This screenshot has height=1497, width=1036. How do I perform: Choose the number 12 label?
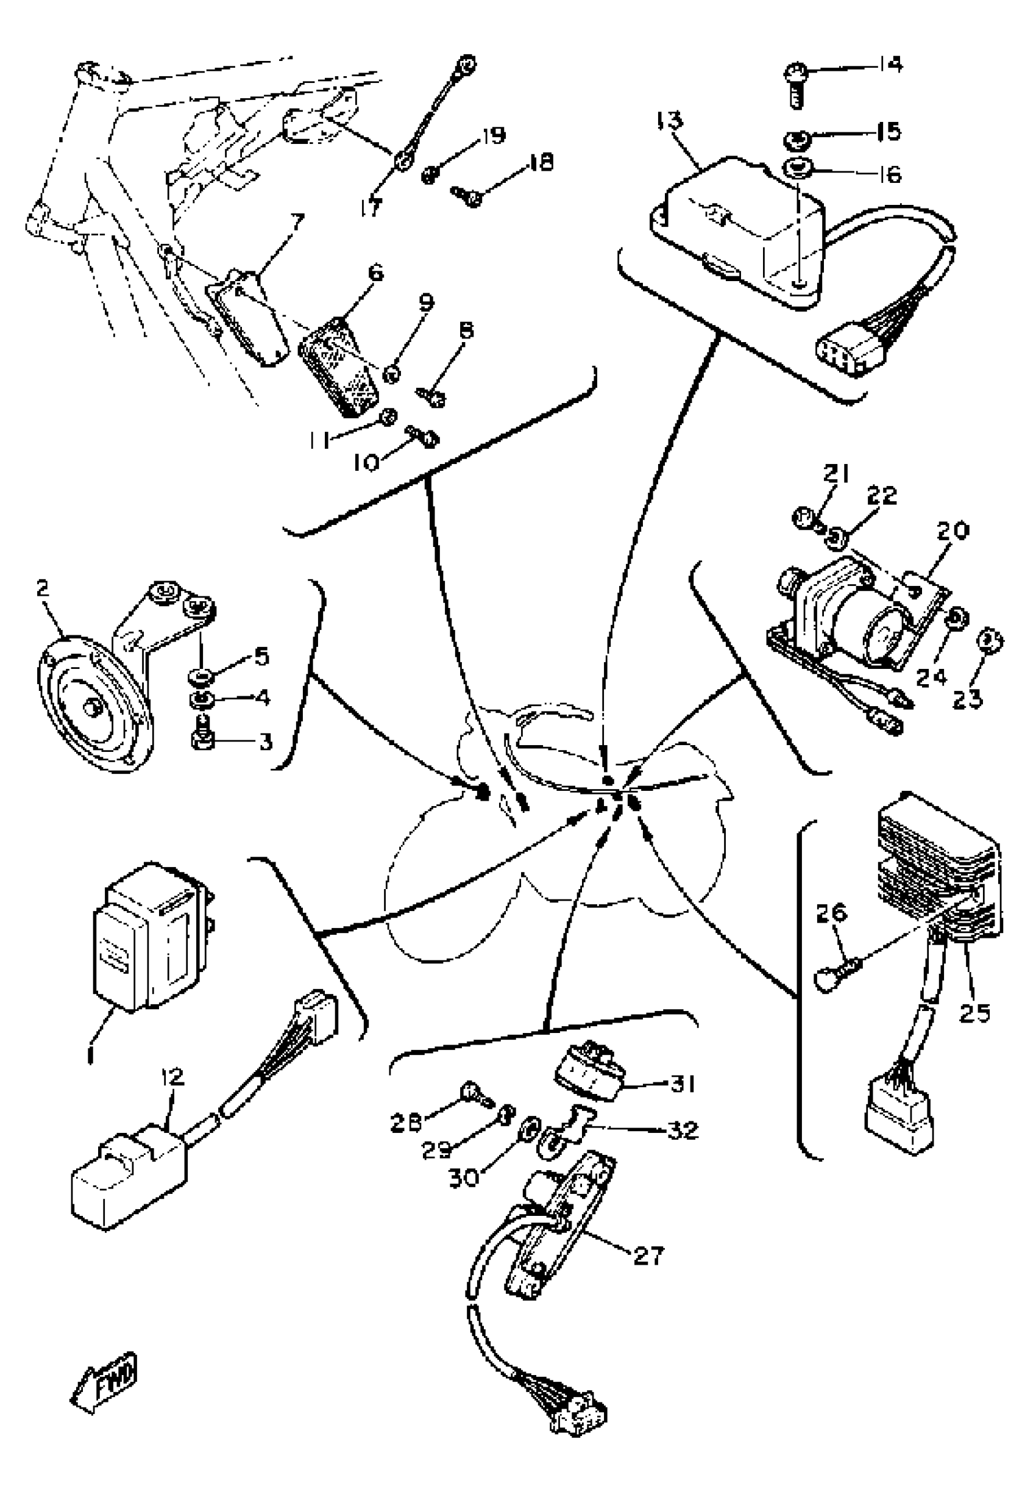pos(172,1077)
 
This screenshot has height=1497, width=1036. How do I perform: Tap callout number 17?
pos(371,208)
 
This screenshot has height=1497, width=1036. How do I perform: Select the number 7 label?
pos(298,223)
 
